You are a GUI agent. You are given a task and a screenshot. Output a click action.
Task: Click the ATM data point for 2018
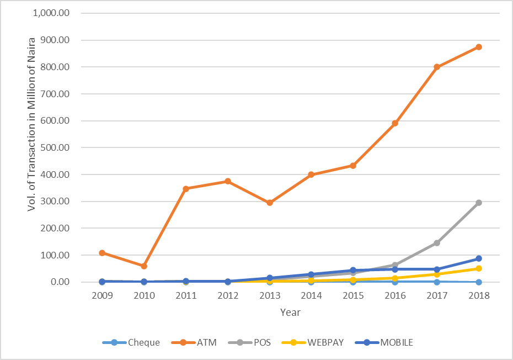click(479, 47)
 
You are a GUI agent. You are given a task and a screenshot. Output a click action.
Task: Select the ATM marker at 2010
click(144, 266)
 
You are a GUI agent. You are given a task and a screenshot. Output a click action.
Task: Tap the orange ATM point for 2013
click(270, 203)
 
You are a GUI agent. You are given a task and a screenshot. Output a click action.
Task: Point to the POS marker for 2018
click(479, 203)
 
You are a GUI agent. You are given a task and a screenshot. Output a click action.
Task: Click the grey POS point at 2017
click(437, 243)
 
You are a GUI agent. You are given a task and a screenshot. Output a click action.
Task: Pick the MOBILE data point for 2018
click(479, 258)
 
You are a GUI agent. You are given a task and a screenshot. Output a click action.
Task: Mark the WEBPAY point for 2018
click(479, 268)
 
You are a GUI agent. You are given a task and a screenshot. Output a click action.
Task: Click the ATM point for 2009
click(102, 253)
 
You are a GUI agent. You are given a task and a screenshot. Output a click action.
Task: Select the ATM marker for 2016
click(395, 123)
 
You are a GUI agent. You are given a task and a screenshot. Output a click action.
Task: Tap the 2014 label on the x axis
click(312, 296)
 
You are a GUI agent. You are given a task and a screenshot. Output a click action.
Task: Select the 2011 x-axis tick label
click(186, 296)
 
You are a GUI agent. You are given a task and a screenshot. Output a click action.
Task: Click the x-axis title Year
click(290, 313)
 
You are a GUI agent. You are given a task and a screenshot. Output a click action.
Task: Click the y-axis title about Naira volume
click(31, 147)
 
